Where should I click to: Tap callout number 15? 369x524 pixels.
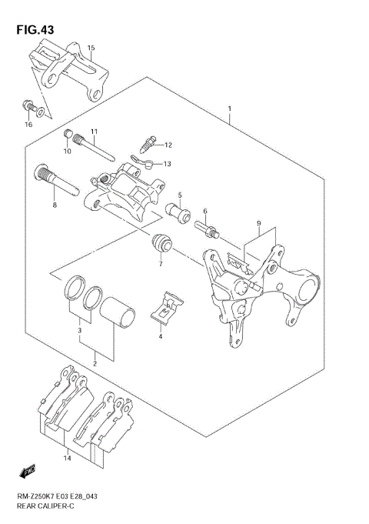(x=91, y=48)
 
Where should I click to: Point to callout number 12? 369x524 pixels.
(x=168, y=145)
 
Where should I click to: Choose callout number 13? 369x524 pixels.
(x=167, y=163)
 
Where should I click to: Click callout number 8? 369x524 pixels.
(x=55, y=205)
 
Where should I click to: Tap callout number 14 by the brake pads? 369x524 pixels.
(x=68, y=459)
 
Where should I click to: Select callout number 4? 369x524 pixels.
(x=161, y=336)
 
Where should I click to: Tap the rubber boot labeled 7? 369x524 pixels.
(x=161, y=243)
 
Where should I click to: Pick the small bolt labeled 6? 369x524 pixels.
(x=208, y=228)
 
